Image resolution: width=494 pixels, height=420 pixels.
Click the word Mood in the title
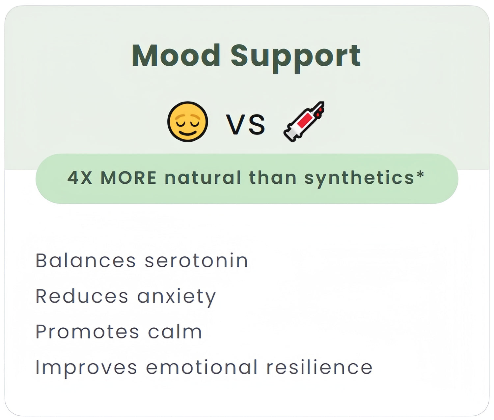[x=176, y=55]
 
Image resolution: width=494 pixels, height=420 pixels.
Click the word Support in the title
[x=296, y=59]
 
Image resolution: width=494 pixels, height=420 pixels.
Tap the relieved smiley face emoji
[x=188, y=122]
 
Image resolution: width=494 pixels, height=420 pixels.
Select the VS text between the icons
[x=245, y=124]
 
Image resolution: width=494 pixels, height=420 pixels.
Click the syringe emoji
[x=304, y=122]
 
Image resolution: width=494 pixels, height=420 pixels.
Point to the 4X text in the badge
[x=80, y=178]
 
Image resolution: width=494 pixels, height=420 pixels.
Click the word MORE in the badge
[x=128, y=178]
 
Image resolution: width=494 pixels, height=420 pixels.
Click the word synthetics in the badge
[x=359, y=179]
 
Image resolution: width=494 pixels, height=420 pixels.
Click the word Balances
[x=86, y=260]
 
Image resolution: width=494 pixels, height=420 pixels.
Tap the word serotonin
[x=196, y=261]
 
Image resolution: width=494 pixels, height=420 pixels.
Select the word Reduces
[x=82, y=296]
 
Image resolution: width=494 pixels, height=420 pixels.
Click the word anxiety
[x=177, y=298]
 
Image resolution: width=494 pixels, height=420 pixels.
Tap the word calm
[x=175, y=332]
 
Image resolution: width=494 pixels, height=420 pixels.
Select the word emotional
[x=202, y=367]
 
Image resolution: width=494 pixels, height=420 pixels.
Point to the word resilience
[x=319, y=367]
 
